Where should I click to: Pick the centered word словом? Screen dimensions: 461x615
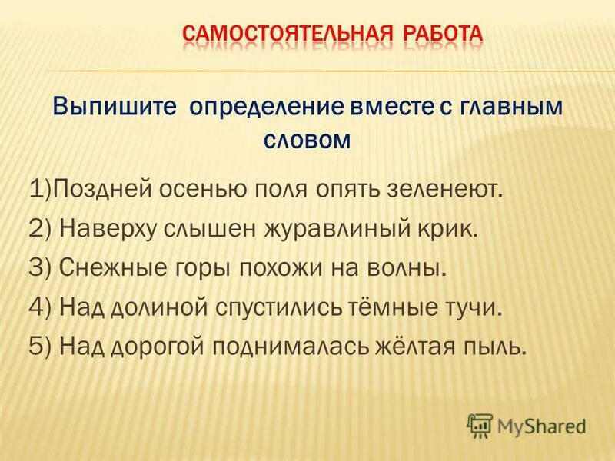tap(307, 141)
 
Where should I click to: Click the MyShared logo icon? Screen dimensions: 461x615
tap(480, 425)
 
